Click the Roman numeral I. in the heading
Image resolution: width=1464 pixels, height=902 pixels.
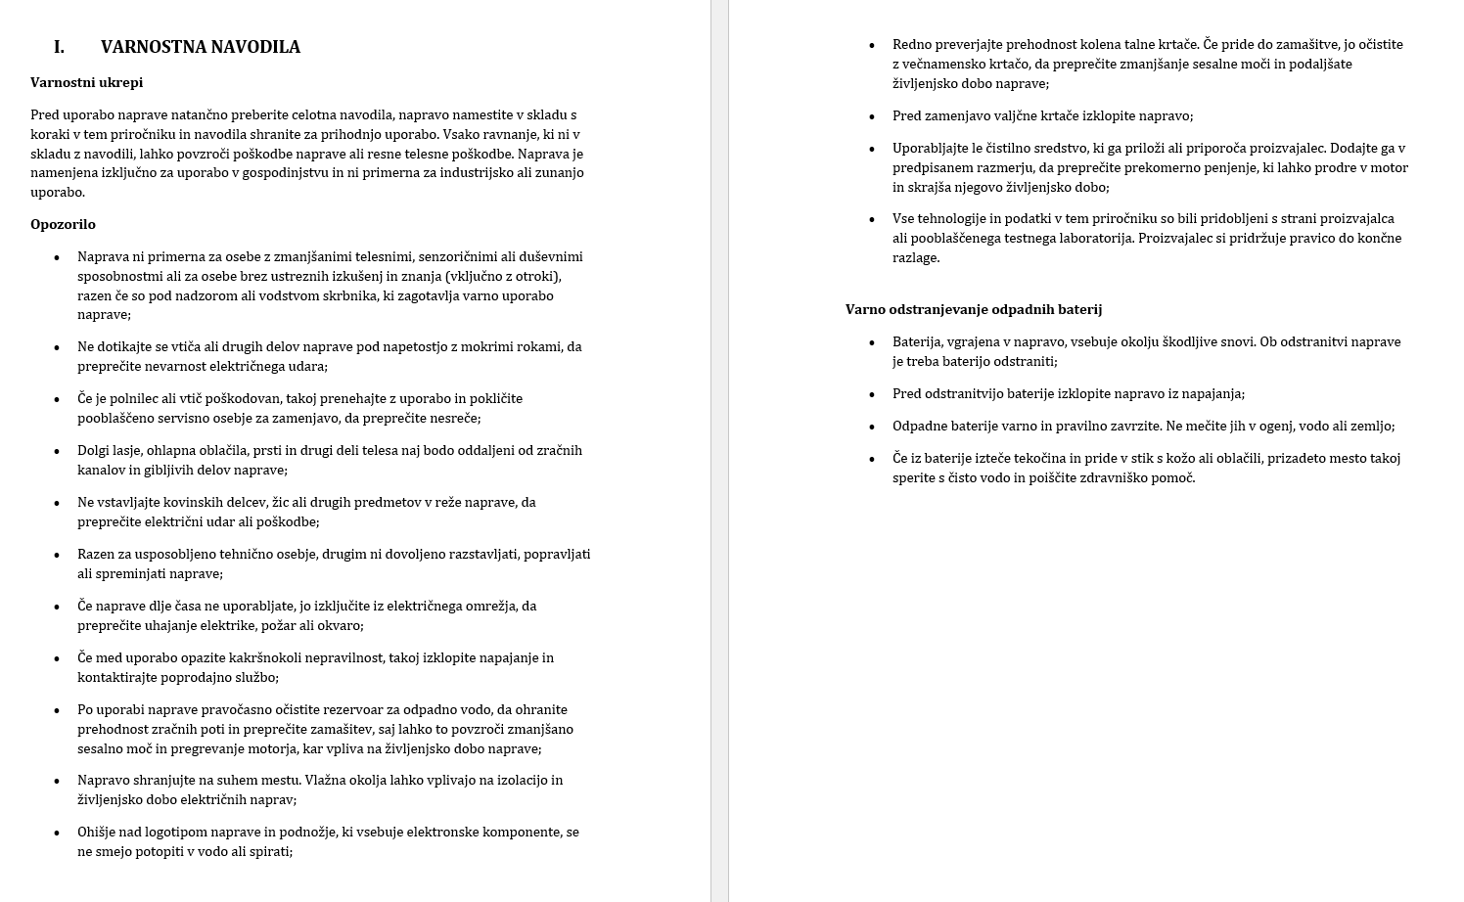(59, 47)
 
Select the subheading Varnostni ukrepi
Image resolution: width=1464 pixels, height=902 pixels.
(86, 82)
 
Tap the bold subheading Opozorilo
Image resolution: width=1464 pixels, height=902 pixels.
(63, 224)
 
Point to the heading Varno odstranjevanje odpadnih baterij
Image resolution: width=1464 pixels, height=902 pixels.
(973, 309)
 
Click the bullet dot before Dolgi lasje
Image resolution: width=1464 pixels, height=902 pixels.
(57, 451)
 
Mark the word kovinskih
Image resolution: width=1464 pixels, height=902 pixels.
(190, 502)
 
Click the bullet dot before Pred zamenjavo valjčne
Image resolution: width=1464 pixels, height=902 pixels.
(872, 116)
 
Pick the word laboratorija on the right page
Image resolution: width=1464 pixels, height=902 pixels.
(1089, 238)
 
